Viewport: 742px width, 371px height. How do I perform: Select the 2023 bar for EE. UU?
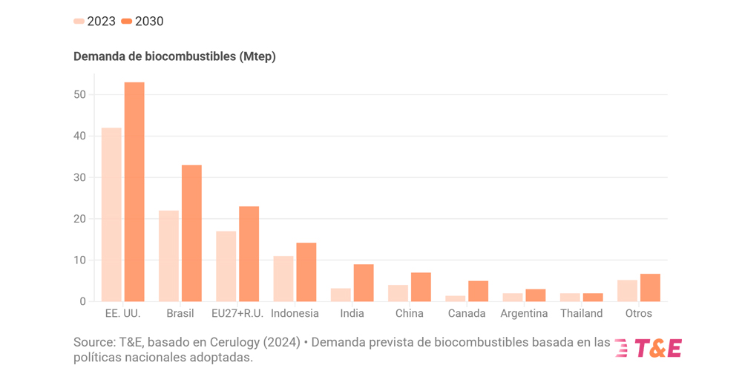tap(111, 214)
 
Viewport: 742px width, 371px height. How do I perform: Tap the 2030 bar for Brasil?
tap(191, 233)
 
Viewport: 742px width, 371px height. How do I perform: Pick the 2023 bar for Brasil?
tap(168, 256)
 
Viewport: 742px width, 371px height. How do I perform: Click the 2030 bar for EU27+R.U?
tap(249, 254)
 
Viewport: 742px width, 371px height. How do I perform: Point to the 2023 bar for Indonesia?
tap(283, 279)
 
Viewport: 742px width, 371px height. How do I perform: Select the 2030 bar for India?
tap(364, 283)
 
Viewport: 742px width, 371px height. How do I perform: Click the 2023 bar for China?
tap(398, 293)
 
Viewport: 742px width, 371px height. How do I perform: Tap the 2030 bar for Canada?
tap(478, 291)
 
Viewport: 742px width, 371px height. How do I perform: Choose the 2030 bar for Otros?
tap(650, 288)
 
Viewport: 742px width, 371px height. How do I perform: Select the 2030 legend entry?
tap(142, 22)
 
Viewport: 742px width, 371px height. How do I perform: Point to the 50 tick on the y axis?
tap(79, 95)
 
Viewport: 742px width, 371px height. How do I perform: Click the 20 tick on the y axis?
tap(79, 219)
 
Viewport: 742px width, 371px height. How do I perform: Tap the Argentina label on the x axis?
tap(524, 313)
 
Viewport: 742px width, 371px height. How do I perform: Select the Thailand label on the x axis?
tap(581, 313)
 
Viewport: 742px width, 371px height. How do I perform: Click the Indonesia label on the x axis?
tap(295, 313)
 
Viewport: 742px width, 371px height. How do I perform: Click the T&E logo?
tap(648, 348)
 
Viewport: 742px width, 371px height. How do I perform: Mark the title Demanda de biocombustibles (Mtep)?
tap(174, 56)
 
